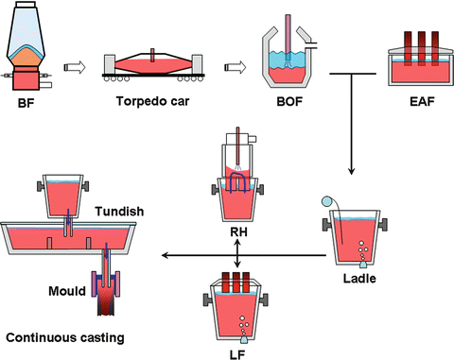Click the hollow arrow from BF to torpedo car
[71, 66]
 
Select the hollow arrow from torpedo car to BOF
[233, 66]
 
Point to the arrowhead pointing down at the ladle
[353, 173]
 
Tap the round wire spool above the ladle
[327, 201]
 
